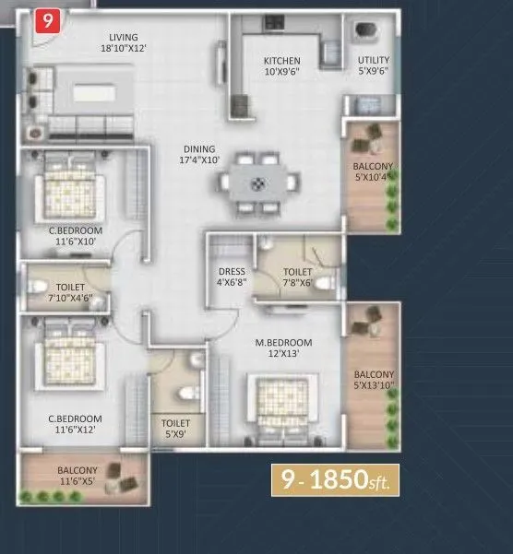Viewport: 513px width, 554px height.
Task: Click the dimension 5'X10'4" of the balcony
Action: coord(374,179)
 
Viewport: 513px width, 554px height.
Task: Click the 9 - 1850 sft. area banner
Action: coord(334,479)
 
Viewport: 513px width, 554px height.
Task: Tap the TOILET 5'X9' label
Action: coord(172,428)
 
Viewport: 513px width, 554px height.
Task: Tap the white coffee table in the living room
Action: coord(89,91)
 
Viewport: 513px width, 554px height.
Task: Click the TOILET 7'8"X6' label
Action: coord(297,277)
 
